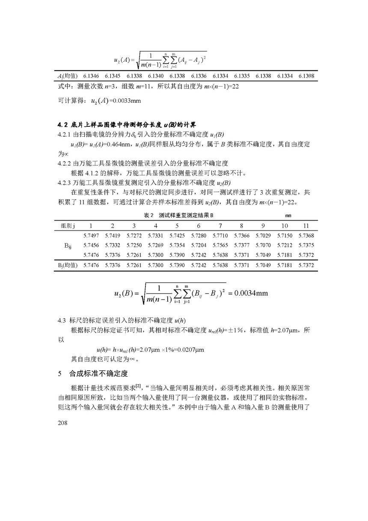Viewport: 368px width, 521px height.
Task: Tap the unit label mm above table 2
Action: click(x=288, y=215)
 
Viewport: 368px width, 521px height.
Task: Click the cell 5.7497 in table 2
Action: click(x=90, y=236)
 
